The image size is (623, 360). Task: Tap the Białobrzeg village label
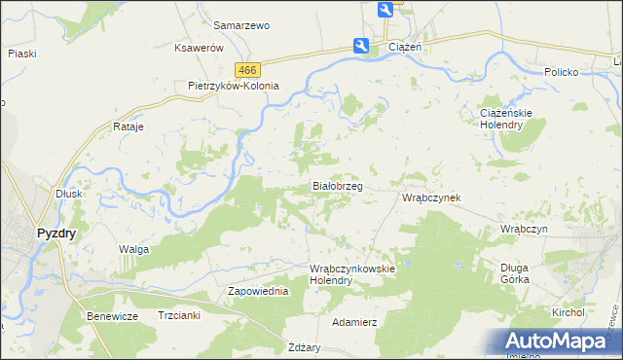coord(337,185)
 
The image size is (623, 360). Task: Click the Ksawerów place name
coord(200,48)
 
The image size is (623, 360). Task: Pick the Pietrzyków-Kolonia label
coord(234,86)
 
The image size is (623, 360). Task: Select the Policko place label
coord(562,73)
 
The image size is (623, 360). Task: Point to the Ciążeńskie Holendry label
coord(506,119)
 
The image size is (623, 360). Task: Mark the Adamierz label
coord(354,321)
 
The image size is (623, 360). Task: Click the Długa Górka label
coord(514,273)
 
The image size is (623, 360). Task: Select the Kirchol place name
coord(567,312)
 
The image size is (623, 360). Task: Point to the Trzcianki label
coord(179,315)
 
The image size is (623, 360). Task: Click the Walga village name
coord(133,250)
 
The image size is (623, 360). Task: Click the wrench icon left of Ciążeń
coord(361,45)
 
